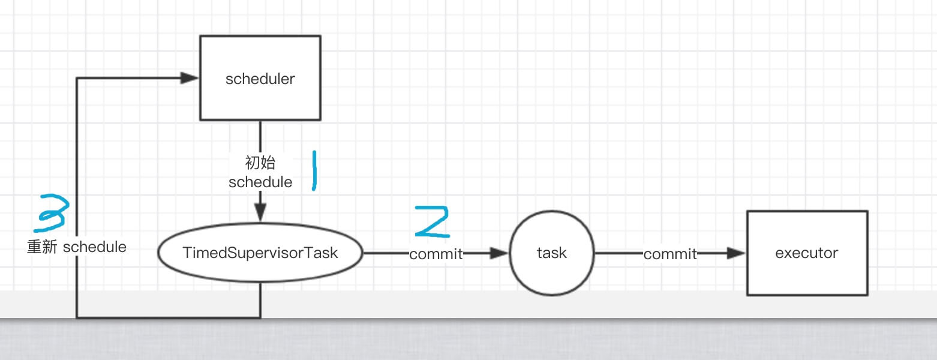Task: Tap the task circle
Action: (551, 273)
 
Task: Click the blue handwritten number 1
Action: (314, 171)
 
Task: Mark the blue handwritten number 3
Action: (53, 213)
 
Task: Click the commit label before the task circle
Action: (436, 254)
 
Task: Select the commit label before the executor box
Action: (670, 254)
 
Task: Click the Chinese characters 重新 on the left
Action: (42, 247)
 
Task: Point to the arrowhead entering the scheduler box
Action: (190, 78)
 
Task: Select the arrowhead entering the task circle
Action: (499, 254)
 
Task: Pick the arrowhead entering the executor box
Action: (736, 254)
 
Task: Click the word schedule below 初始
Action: (260, 182)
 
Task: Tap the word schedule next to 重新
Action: (94, 247)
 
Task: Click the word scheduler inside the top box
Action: (260, 79)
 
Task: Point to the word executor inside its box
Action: (806, 253)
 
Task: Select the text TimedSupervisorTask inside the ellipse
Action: (260, 253)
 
